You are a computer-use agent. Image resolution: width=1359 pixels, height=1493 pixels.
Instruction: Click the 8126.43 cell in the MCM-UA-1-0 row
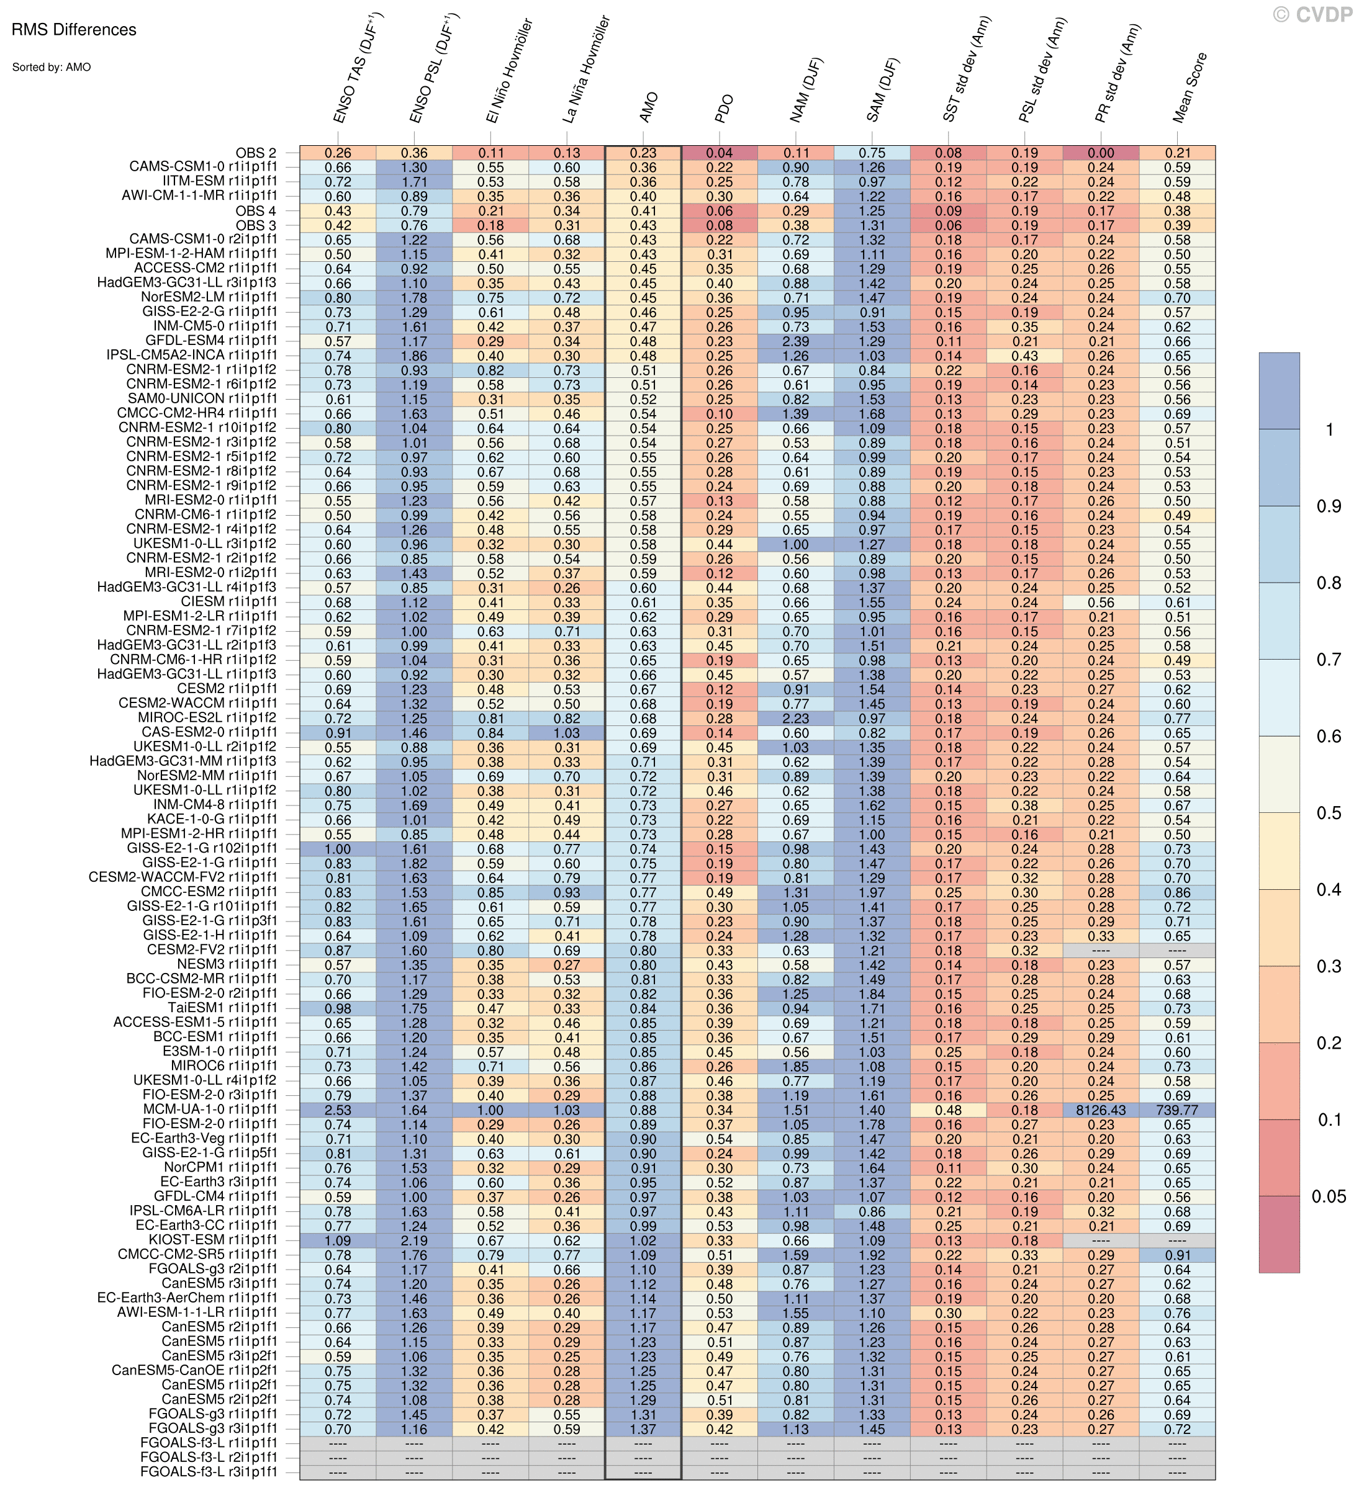pos(1101,1110)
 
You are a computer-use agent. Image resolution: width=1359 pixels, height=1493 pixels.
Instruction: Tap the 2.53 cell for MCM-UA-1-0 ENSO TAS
pos(338,1110)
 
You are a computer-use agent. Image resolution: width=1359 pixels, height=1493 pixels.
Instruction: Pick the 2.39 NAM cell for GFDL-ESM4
pos(795,341)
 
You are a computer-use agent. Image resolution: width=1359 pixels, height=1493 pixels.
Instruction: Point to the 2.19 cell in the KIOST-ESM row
pos(414,1240)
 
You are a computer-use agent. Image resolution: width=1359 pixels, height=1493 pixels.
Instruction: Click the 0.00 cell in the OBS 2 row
pos(1101,153)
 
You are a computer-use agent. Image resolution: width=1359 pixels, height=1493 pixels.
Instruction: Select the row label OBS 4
pos(256,211)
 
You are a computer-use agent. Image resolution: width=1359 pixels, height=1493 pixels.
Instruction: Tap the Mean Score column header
pos(1190,87)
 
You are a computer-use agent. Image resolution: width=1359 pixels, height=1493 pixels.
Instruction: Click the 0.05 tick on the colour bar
pos(1329,1196)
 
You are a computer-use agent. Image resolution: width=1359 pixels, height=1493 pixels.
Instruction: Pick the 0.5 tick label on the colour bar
pos(1329,813)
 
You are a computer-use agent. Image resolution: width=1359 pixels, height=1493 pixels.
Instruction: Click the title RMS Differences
pos(74,30)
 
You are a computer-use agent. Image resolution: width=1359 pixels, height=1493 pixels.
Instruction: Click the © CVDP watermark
pos(1312,15)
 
